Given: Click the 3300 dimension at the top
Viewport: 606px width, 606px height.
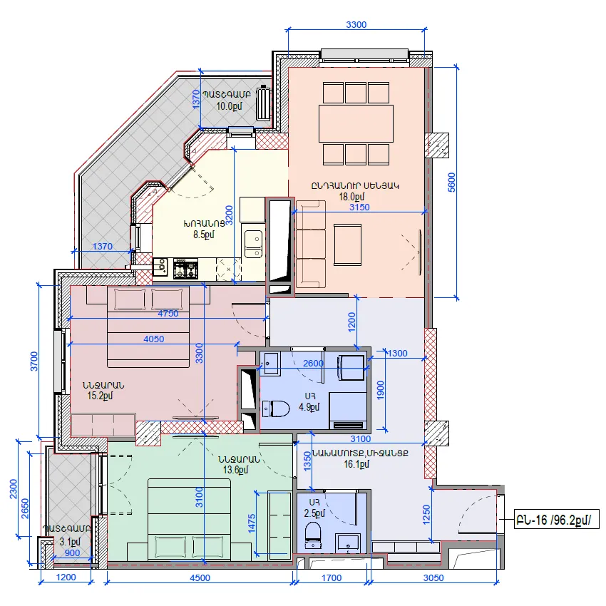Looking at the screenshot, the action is point(356,25).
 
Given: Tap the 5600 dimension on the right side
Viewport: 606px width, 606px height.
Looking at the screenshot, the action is point(451,182).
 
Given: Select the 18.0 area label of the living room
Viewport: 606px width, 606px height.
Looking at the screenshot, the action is point(351,197).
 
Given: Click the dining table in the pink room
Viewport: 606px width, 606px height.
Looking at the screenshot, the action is point(356,123).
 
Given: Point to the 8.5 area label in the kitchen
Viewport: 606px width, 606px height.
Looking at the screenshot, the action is point(204,235).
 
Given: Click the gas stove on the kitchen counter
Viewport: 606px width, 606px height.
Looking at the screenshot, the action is point(185,269).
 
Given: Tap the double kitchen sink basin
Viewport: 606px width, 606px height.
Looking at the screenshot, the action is point(254,244).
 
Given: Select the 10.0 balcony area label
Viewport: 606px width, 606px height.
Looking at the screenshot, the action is point(229,106).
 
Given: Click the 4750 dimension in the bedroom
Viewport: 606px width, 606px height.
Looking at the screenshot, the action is point(168,314).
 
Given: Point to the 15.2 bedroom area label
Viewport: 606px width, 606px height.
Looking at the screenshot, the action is point(100,396).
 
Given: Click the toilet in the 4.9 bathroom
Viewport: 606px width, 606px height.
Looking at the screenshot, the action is point(276,409).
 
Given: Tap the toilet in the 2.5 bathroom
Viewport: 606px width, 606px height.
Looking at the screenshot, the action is point(313,535).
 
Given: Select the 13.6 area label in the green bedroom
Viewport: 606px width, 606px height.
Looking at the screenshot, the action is point(235,470).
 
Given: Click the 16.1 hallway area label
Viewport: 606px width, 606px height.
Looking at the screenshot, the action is point(356,464).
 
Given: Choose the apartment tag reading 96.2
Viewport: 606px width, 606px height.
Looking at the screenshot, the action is point(556,520).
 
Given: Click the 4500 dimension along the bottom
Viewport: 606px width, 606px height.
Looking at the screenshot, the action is point(200,577).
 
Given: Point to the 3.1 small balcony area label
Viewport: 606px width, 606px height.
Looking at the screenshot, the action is point(70,542).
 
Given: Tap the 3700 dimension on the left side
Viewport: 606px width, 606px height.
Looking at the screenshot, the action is point(34,361).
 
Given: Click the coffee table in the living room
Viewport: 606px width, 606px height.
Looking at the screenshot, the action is point(347,245).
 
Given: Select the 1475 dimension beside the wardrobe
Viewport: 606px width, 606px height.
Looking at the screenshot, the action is point(252,524).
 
